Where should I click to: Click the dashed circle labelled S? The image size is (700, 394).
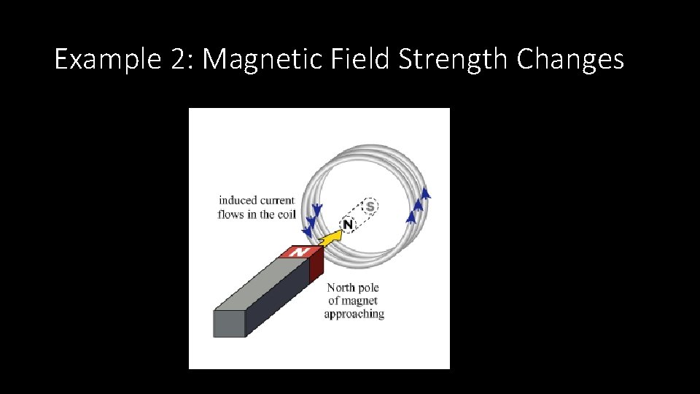370,206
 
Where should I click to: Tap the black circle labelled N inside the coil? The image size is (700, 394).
348,224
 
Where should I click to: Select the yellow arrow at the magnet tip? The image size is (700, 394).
332,237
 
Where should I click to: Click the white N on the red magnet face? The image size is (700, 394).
297,252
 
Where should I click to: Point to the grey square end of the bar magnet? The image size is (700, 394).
229,323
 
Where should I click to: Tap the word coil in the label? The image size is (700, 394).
285,215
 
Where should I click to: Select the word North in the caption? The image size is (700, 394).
343,287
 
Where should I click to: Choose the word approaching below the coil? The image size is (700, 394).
354,314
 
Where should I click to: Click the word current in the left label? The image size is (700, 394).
278,200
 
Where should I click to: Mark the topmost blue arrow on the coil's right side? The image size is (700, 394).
426,193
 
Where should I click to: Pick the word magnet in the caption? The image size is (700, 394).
362,301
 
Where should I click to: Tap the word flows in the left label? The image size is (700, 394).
231,215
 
